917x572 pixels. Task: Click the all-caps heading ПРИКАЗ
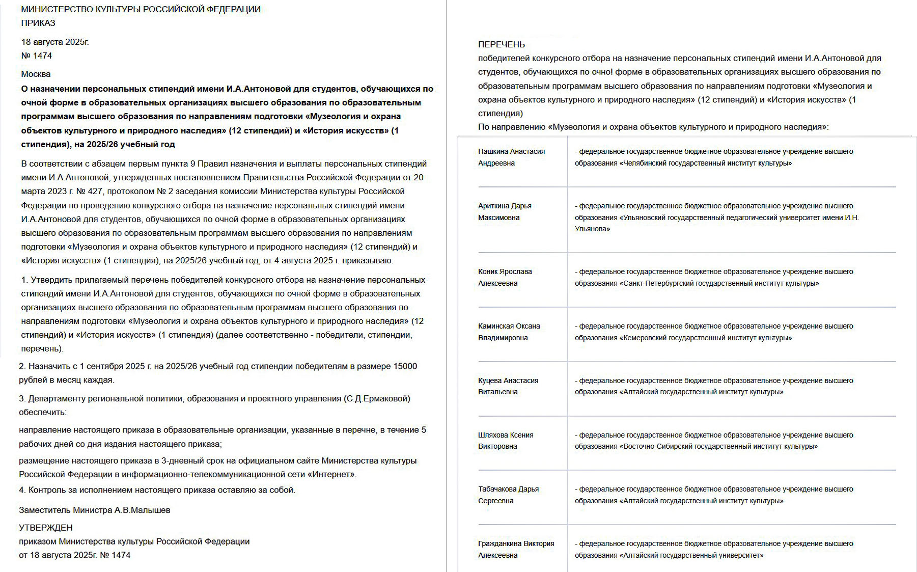click(38, 23)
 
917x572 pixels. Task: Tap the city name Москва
click(36, 74)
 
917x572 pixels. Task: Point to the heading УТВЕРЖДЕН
click(45, 528)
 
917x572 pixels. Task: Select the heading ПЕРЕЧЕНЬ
click(501, 44)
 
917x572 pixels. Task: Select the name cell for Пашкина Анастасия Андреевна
click(511, 157)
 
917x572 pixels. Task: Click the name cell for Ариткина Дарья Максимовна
click(505, 211)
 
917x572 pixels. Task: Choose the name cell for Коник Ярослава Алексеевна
click(505, 277)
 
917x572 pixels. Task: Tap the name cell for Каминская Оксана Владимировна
click(509, 332)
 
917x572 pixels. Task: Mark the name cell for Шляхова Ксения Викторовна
click(506, 441)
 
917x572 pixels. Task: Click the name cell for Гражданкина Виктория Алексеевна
click(516, 549)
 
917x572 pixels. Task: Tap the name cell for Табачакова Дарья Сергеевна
click(508, 495)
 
